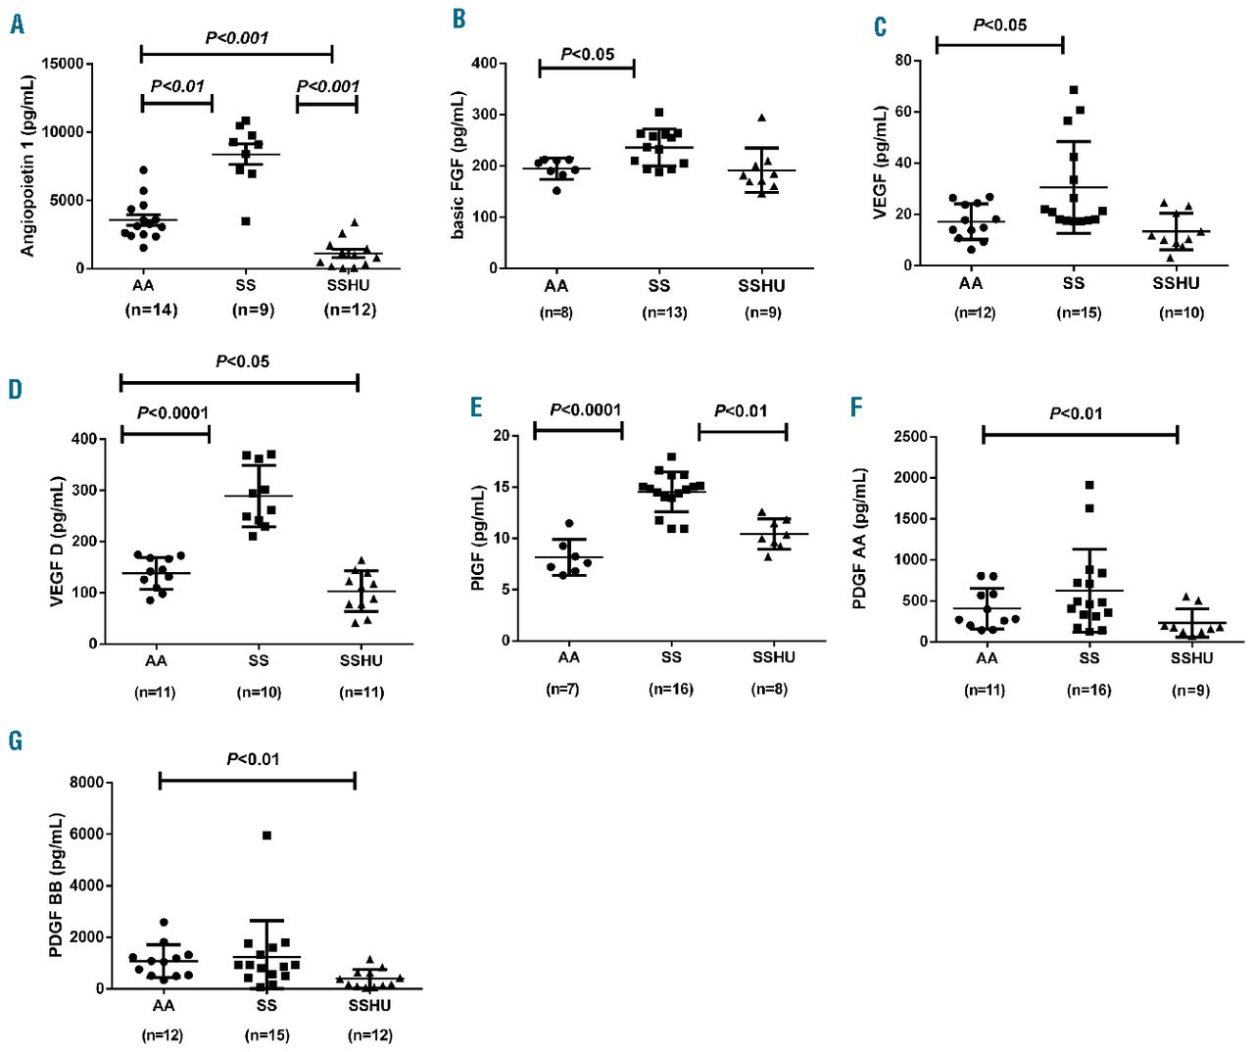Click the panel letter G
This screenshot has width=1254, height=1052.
click(16, 741)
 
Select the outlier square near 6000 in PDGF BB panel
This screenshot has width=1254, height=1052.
click(266, 836)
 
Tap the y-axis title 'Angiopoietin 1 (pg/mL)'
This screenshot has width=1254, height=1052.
click(27, 167)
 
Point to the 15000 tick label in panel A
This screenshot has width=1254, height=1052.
click(63, 64)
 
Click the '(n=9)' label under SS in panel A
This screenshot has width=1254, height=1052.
click(253, 310)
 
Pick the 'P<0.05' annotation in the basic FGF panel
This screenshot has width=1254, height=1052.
click(587, 54)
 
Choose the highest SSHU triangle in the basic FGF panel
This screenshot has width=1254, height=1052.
click(761, 118)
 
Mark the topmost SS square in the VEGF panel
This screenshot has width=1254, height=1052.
click(1074, 90)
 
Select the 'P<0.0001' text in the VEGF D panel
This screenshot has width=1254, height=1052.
click(172, 412)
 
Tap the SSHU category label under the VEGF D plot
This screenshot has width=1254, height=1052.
click(361, 661)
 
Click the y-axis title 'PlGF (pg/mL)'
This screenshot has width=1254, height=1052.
click(478, 538)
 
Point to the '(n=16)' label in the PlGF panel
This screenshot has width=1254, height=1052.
click(670, 690)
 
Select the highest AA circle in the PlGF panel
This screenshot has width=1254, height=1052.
click(569, 524)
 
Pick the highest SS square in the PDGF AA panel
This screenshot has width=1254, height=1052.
click(1088, 485)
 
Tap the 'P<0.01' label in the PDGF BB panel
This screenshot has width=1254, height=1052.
click(253, 759)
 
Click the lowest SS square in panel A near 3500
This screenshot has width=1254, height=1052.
click(246, 221)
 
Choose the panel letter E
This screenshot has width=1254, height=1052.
click(476, 406)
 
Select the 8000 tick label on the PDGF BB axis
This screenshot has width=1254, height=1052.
click(86, 783)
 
